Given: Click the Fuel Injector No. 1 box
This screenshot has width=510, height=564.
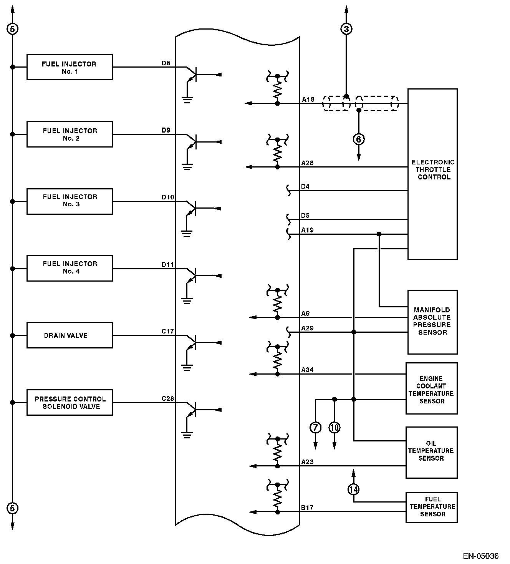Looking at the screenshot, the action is click(x=70, y=67).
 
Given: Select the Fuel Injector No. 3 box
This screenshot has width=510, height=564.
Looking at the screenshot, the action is click(x=70, y=202).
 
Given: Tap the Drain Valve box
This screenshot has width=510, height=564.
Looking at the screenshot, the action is click(x=70, y=335).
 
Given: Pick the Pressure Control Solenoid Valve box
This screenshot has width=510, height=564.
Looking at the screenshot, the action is click(x=70, y=403).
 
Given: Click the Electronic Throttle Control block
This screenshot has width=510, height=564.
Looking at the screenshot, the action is click(x=433, y=174).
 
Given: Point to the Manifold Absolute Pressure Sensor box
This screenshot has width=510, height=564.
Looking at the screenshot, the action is click(x=433, y=322).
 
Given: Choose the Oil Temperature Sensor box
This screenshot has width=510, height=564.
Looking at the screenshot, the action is click(x=432, y=453).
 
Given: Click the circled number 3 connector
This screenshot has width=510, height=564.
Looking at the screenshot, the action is click(x=346, y=29).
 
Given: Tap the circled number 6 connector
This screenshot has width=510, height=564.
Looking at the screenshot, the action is click(x=359, y=139).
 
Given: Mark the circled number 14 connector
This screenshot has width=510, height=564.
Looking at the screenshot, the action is click(x=354, y=489).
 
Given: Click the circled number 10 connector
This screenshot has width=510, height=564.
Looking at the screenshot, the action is click(x=334, y=428).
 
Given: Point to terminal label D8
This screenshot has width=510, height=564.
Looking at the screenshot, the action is click(x=166, y=63).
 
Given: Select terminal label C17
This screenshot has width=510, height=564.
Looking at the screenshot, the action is click(x=167, y=332).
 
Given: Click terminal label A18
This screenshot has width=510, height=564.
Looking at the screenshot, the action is click(x=308, y=100).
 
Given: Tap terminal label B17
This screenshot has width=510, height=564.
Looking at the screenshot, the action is click(x=307, y=508).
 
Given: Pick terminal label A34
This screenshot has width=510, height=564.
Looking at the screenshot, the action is click(x=307, y=370).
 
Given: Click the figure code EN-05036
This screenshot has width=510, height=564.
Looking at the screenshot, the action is click(x=480, y=556).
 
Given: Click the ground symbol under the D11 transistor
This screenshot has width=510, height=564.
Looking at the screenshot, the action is click(x=187, y=301).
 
